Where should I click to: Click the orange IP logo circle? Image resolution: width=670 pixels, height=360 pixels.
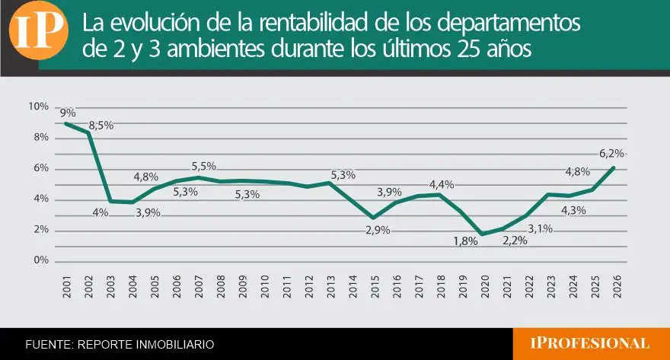click(39, 30)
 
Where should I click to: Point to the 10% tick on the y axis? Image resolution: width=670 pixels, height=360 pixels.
click(39, 107)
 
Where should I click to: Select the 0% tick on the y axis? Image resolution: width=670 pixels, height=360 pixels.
click(41, 260)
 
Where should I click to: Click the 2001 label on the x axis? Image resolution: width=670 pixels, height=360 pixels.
click(67, 286)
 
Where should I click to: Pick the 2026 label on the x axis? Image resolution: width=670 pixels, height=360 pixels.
click(617, 286)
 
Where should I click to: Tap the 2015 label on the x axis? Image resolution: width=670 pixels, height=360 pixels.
click(375, 286)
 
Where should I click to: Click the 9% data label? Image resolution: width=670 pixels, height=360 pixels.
click(68, 113)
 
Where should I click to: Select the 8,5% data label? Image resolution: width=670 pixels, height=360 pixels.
click(101, 126)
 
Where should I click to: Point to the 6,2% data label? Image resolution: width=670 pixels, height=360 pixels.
click(611, 153)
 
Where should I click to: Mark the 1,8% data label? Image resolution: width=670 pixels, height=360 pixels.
click(465, 241)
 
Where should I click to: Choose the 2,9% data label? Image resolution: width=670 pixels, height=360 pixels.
click(378, 230)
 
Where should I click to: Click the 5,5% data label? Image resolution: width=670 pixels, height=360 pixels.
click(204, 166)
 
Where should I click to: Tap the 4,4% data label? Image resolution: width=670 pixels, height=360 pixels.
click(442, 185)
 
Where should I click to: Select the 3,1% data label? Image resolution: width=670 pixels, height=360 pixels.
click(540, 229)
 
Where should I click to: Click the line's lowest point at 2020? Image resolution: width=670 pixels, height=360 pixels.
click(483, 234)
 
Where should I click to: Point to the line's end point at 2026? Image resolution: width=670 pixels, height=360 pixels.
click(614, 167)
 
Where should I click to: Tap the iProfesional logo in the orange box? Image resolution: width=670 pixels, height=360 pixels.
click(590, 343)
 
